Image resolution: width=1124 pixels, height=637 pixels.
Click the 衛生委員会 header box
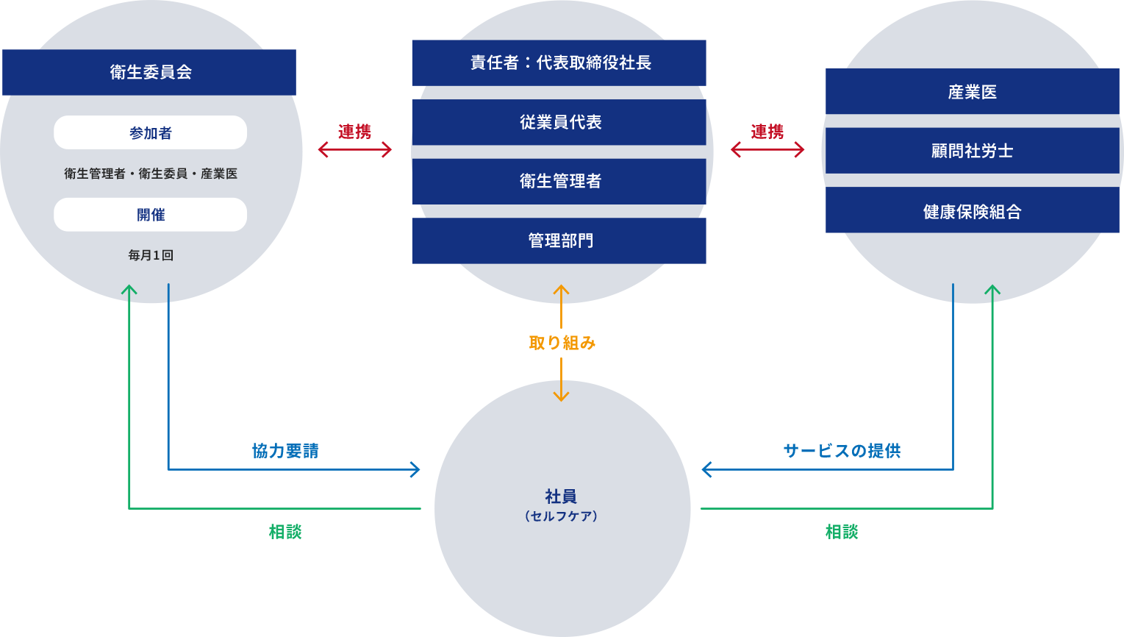click(149, 72)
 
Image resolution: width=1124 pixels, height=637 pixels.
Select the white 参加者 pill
click(150, 133)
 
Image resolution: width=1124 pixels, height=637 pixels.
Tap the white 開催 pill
click(150, 215)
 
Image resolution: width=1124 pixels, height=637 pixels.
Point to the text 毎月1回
click(151, 255)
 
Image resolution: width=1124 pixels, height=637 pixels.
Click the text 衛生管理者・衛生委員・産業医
click(151, 174)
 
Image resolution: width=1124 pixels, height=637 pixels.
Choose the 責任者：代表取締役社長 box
click(559, 63)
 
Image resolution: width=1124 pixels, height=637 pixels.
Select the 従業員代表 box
click(559, 122)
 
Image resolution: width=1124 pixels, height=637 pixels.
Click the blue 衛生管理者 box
click(559, 181)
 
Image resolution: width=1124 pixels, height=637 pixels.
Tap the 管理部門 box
click(559, 241)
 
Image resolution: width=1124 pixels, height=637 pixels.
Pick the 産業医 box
click(972, 92)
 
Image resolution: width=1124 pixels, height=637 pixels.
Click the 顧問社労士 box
click(972, 152)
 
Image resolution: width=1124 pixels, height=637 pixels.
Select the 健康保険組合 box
click(972, 212)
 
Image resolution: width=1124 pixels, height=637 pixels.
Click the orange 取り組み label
click(562, 343)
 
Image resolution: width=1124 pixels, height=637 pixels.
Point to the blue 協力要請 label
click(285, 451)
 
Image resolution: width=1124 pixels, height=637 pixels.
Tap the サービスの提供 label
click(842, 451)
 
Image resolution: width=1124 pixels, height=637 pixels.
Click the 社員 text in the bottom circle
click(561, 497)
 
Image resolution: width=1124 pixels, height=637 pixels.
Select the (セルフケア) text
click(561, 516)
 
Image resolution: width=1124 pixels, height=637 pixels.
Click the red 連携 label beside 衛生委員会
click(355, 132)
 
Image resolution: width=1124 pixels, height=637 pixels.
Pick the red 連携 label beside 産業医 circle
click(767, 132)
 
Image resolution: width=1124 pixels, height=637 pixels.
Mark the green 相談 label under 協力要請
click(285, 532)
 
